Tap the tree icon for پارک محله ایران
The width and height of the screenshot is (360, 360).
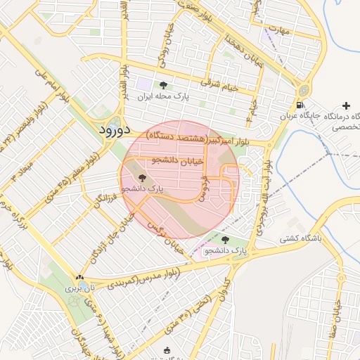(x=164, y=85)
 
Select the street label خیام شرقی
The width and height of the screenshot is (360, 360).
(x=220, y=82)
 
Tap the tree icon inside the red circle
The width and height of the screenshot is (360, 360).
(x=143, y=179)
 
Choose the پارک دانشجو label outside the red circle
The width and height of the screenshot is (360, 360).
(x=226, y=250)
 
